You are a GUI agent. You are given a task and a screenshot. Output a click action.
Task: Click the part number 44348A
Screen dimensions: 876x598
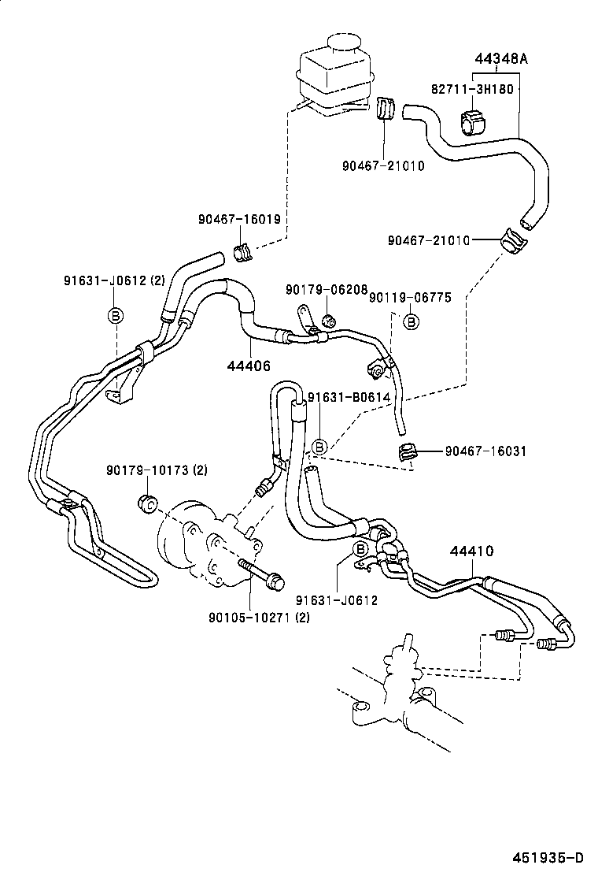pos(500,59)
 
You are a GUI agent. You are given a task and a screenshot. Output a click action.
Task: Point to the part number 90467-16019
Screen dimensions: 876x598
pos(239,220)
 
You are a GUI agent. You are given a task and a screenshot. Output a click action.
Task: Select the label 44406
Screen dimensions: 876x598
pos(249,366)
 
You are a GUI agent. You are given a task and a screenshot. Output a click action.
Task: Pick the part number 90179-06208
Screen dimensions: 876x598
pos(327,289)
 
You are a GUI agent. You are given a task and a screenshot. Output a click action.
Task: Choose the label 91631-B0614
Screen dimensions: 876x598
pos(349,397)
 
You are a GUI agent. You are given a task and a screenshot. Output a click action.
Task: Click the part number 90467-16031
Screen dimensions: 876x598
pos(485,451)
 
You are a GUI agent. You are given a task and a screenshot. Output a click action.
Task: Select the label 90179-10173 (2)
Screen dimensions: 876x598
pos(157,470)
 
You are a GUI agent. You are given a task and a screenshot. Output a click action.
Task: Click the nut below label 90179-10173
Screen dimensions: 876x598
pos(146,502)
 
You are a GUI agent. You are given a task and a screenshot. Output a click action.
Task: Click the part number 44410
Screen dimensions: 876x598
pos(472,551)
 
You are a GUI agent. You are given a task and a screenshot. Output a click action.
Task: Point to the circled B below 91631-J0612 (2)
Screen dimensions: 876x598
pos(115,316)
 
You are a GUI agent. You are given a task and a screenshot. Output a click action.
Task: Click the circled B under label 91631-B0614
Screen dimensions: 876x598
pos(319,447)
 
